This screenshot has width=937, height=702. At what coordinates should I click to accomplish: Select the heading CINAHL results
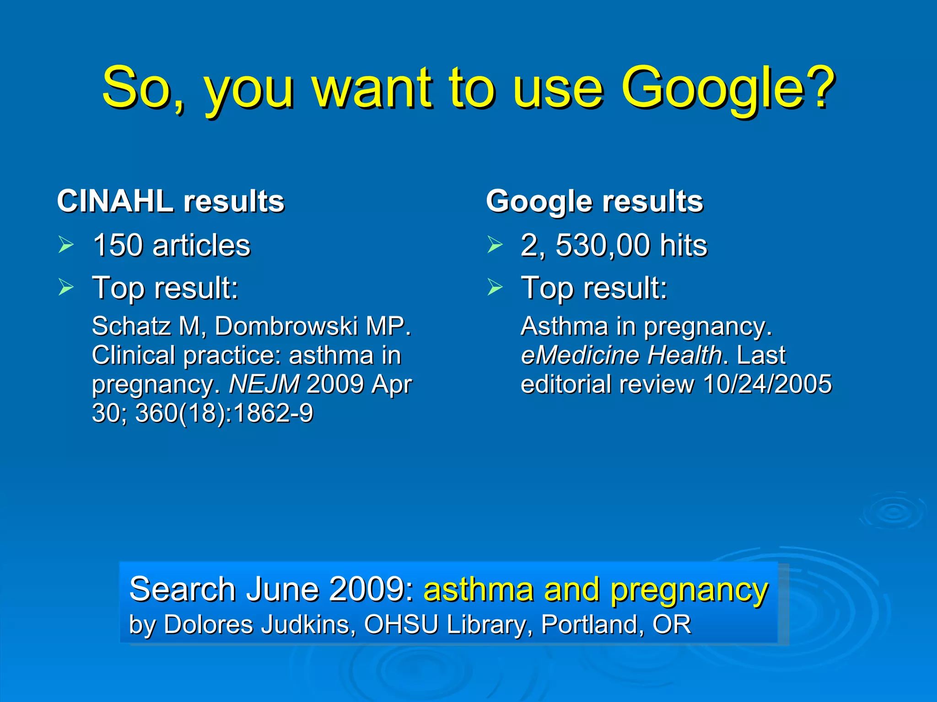pyautogui.click(x=171, y=201)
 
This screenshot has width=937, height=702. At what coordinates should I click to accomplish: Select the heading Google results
pyautogui.click(x=594, y=201)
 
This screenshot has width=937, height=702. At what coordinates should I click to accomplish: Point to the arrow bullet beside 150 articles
pyautogui.click(x=66, y=245)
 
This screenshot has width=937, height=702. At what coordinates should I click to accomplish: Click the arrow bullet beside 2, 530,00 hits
pyautogui.click(x=495, y=245)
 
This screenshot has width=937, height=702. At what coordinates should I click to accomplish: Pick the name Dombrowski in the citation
pyautogui.click(x=286, y=326)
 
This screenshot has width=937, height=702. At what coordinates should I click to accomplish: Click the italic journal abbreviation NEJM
pyautogui.click(x=264, y=384)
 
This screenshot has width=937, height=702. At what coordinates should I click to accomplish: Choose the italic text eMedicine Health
pyautogui.click(x=621, y=356)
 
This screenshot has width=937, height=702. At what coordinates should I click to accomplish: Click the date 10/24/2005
pyautogui.click(x=767, y=384)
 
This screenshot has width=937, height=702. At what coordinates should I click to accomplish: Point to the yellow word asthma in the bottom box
pyautogui.click(x=479, y=590)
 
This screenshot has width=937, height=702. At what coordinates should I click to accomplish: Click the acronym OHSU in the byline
pyautogui.click(x=401, y=625)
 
